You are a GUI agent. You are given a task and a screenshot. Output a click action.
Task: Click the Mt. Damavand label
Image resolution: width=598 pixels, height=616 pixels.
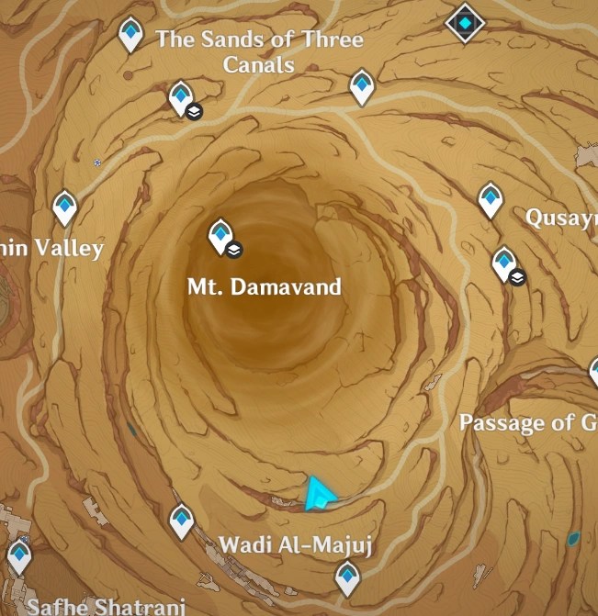click(264, 286)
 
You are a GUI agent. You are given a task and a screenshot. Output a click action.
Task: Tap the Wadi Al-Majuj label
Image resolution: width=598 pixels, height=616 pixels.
click(295, 544)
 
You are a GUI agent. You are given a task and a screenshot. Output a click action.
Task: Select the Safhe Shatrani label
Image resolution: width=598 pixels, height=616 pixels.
click(106, 605)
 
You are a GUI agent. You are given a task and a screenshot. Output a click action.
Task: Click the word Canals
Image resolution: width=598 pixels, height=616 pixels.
click(258, 64)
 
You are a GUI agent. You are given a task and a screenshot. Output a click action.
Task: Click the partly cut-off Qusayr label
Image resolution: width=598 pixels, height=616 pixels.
click(560, 218)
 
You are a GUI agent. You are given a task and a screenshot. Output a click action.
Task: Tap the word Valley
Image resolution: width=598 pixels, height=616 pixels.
click(68, 248)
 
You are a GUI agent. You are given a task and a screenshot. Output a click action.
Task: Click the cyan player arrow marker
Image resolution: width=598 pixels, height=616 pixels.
click(319, 494)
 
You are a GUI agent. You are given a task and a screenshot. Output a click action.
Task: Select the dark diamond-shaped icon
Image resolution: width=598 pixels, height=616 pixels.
click(466, 23)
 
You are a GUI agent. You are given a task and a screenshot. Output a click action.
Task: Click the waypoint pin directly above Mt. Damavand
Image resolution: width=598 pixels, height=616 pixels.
click(220, 236)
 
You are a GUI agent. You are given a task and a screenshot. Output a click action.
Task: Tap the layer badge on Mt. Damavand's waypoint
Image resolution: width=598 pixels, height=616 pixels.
click(234, 249)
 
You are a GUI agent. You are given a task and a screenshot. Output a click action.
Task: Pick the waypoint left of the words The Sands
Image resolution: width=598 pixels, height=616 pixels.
click(131, 34)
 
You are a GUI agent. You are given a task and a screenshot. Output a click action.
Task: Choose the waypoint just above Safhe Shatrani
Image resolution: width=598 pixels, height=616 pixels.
click(19, 555)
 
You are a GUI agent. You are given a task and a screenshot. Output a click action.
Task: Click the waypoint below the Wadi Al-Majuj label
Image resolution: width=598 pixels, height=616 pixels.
click(347, 578)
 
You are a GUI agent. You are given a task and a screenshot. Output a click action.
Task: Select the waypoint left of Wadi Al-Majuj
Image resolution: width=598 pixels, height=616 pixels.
click(182, 521)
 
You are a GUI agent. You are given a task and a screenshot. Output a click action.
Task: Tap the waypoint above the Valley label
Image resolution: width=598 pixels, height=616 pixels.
click(64, 207)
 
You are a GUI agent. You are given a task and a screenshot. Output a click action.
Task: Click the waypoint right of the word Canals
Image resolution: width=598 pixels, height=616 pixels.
click(362, 86)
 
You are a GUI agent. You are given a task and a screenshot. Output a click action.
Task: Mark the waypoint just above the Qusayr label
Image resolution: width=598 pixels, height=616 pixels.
click(491, 199)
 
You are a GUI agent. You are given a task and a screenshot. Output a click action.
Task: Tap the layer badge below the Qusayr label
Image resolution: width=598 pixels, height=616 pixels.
click(518, 276)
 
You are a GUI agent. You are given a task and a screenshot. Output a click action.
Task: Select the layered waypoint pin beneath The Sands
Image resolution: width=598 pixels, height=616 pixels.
click(181, 97)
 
